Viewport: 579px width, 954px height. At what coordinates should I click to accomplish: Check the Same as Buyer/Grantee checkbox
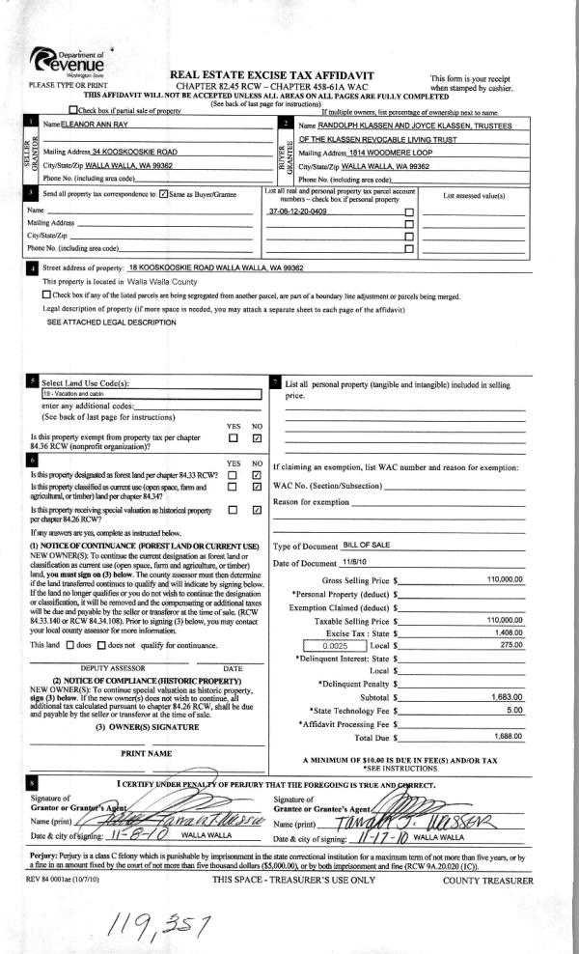[x=164, y=194]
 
